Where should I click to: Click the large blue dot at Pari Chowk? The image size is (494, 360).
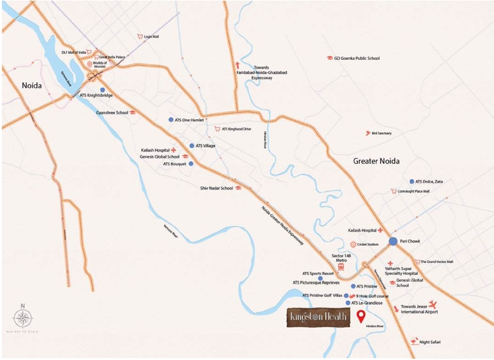click(x=393, y=241)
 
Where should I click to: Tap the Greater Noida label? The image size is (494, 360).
click(x=376, y=160)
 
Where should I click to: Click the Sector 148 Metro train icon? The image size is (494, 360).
click(x=341, y=266)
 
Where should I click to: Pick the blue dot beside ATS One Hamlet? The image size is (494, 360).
click(x=171, y=119)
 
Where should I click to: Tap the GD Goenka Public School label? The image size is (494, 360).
click(x=357, y=58)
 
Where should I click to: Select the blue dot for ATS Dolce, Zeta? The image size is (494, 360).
click(x=412, y=182)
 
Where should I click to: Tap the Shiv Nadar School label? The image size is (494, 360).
click(x=216, y=188)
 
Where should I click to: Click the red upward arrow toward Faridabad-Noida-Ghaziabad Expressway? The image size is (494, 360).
click(x=237, y=65)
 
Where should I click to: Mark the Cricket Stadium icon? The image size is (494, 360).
click(x=353, y=244)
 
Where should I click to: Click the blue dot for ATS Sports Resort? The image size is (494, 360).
click(x=320, y=278)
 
